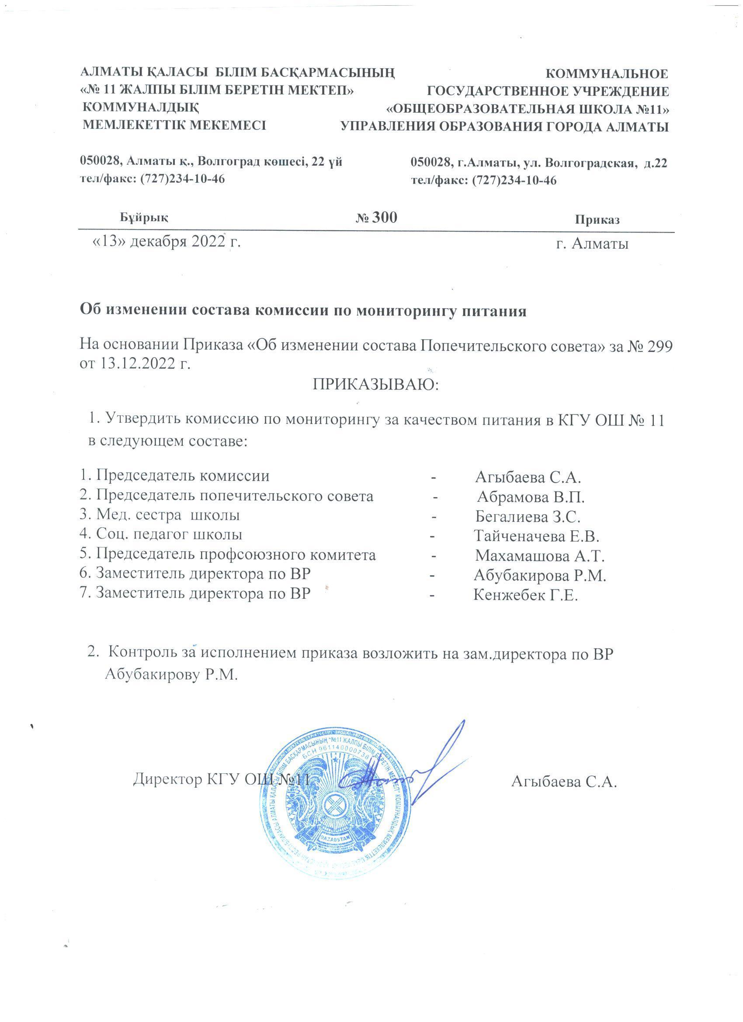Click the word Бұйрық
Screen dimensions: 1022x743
click(144, 218)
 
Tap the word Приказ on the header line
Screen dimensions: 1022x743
click(597, 220)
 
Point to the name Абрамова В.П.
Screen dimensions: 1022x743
click(530, 497)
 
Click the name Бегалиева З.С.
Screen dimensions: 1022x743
click(528, 516)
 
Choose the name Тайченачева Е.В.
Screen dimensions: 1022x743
click(536, 536)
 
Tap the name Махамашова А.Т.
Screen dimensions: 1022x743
click(539, 556)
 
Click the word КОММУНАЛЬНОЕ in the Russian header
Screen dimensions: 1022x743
click(607, 73)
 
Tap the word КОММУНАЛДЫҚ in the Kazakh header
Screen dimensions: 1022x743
click(141, 108)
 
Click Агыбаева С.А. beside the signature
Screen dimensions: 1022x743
click(564, 782)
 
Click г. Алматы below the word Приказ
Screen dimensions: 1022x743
click(593, 244)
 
